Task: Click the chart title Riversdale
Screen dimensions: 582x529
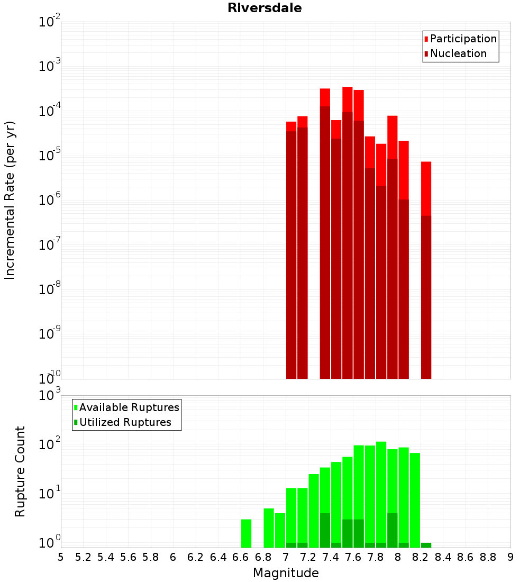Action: [264, 8]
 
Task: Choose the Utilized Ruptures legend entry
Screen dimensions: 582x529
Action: [125, 422]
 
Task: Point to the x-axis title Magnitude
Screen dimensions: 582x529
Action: [286, 573]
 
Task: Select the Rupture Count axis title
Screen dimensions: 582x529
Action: [20, 471]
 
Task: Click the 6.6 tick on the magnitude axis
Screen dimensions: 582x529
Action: [240, 557]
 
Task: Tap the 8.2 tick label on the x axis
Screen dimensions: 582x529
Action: [421, 557]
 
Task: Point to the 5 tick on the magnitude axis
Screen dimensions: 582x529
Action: [61, 557]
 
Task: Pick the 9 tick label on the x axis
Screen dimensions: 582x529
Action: [510, 557]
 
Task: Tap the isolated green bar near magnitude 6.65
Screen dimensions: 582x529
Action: [247, 533]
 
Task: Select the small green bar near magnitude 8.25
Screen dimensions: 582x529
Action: [426, 545]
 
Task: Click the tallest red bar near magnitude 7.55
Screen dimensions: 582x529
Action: [348, 233]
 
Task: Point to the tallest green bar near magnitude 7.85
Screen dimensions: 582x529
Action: [381, 495]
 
